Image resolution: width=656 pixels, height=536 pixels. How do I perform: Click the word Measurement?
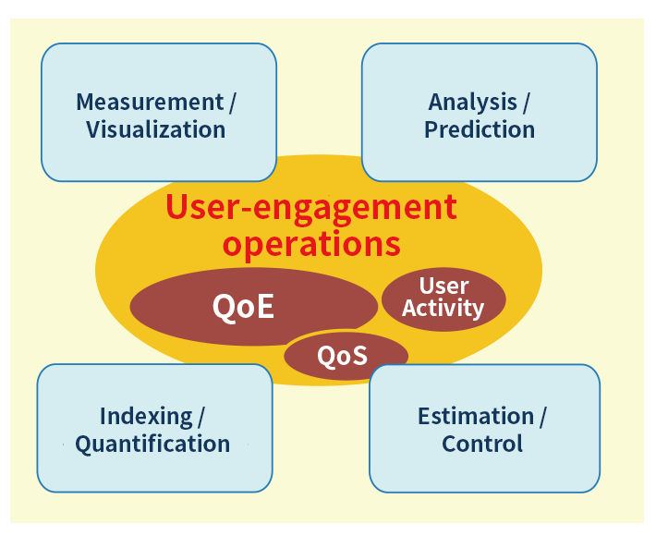[150, 102]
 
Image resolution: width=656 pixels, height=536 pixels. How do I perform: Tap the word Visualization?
[156, 129]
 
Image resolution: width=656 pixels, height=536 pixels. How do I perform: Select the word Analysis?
[472, 103]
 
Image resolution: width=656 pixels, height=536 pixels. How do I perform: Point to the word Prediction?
[480, 129]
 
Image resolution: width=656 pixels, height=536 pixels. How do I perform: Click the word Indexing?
[146, 417]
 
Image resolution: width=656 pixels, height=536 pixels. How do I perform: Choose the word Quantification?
[152, 445]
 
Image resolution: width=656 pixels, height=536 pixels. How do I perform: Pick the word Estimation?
[476, 417]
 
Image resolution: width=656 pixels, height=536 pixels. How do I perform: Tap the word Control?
[482, 444]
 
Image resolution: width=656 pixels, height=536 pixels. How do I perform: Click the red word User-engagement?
[311, 208]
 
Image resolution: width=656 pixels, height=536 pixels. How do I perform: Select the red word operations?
[311, 244]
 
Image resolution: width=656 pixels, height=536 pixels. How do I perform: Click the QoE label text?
[243, 307]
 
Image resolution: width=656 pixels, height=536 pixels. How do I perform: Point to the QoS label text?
[342, 356]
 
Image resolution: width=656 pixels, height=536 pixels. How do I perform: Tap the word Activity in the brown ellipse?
[443, 309]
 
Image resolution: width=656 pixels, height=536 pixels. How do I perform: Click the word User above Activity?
[443, 286]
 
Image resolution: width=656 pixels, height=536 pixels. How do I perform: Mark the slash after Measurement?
[232, 103]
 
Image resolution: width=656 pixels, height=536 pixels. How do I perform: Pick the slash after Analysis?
[526, 103]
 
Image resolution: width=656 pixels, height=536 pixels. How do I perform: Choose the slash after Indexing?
[200, 417]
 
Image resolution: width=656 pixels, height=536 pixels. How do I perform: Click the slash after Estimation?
[542, 417]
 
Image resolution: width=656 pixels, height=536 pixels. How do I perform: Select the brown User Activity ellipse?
[443, 299]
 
